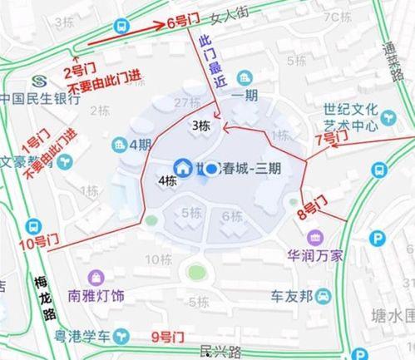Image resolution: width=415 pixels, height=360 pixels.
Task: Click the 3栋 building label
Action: (x=200, y=126)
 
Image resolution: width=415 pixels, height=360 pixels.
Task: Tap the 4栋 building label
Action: (x=166, y=180)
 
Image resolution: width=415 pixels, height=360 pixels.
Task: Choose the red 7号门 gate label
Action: (x=329, y=140)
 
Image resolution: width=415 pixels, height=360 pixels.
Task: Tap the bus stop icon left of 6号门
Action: (x=122, y=27)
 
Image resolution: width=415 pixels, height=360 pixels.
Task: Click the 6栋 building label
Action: (x=232, y=217)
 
